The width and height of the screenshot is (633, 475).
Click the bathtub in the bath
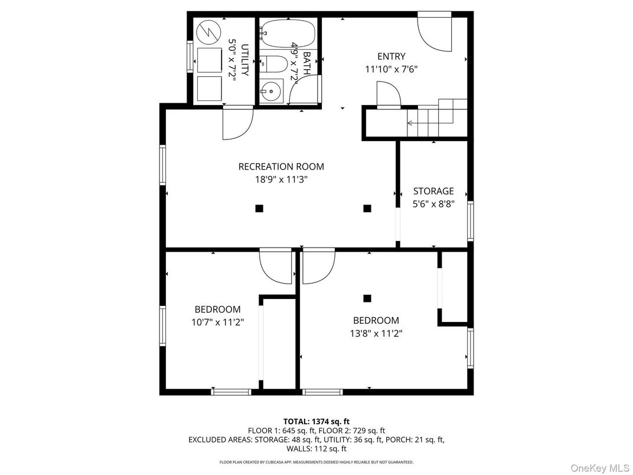(288, 33)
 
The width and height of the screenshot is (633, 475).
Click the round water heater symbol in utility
(208, 32)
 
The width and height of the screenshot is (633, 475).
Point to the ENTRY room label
(391, 57)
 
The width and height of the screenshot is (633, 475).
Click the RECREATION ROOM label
(281, 167)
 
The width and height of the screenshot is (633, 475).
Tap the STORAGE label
(433, 191)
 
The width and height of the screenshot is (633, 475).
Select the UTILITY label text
(244, 60)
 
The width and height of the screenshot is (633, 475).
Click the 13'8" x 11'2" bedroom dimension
(376, 334)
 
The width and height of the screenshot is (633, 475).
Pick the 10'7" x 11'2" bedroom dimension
(217, 323)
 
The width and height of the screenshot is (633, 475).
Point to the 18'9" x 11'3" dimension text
(281, 180)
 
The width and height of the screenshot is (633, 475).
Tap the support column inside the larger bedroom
(367, 298)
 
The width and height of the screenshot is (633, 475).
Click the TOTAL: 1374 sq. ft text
(316, 422)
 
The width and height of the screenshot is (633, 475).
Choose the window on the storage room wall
(470, 220)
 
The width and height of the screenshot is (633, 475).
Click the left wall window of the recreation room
(163, 165)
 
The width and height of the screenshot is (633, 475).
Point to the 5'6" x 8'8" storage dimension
(433, 204)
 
